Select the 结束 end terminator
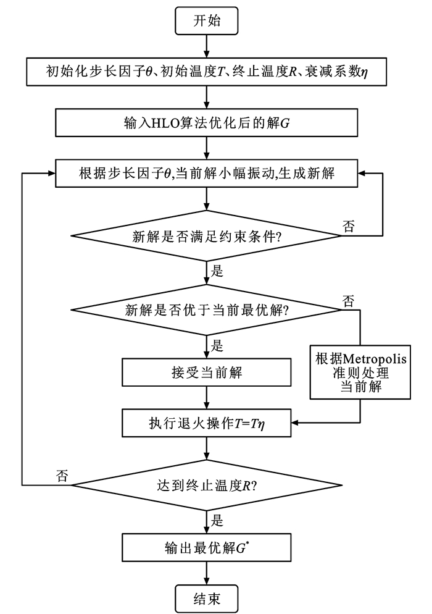207,597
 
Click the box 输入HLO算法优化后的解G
207,122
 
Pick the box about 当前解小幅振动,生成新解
207,174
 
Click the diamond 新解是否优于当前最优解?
207,311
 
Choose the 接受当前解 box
207,372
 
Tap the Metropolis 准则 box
359,372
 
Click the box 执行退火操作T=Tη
207,424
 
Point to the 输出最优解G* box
207,547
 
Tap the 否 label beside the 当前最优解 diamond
348,301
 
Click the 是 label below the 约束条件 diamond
217,270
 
